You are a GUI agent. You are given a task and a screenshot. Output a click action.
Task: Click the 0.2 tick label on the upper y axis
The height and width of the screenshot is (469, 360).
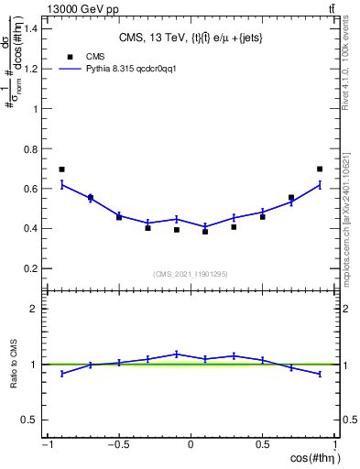click(x=31, y=268)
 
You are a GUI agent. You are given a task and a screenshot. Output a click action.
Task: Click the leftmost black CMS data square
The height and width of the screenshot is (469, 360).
click(x=61, y=169)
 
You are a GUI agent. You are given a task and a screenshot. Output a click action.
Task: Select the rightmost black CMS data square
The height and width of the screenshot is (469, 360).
click(x=320, y=169)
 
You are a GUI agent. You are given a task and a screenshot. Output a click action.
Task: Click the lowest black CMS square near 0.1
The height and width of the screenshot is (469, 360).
click(x=205, y=232)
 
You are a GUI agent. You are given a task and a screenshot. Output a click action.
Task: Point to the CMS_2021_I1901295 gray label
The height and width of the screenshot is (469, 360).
click(x=190, y=274)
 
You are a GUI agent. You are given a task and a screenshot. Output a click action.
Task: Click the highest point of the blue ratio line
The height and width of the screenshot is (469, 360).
click(x=177, y=354)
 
